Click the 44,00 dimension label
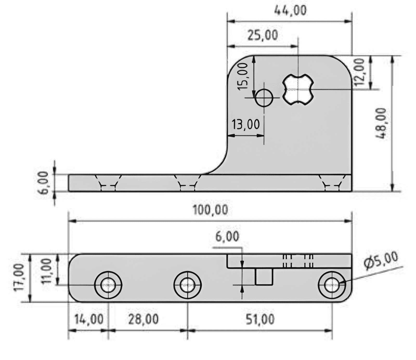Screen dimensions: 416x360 coord(290,11)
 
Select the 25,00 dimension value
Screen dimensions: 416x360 coord(263,35)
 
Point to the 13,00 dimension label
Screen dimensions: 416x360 coord(246,124)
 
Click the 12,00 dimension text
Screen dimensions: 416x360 coord(359,73)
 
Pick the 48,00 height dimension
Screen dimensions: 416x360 coord(382,124)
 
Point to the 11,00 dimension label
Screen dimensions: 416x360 coord(48,272)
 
